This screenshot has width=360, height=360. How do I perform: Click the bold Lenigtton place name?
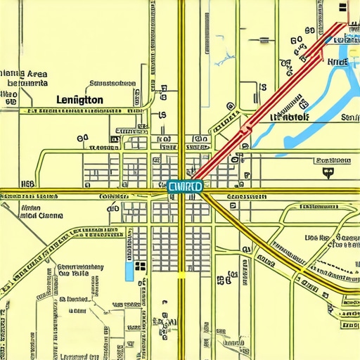tap(79, 101)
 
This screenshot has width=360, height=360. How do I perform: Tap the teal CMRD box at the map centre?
tap(186, 186)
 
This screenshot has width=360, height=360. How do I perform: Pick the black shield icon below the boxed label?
tap(326, 170)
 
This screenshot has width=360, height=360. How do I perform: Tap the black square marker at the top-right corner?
tap(342, 8)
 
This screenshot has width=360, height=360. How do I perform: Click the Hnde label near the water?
tap(337, 63)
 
